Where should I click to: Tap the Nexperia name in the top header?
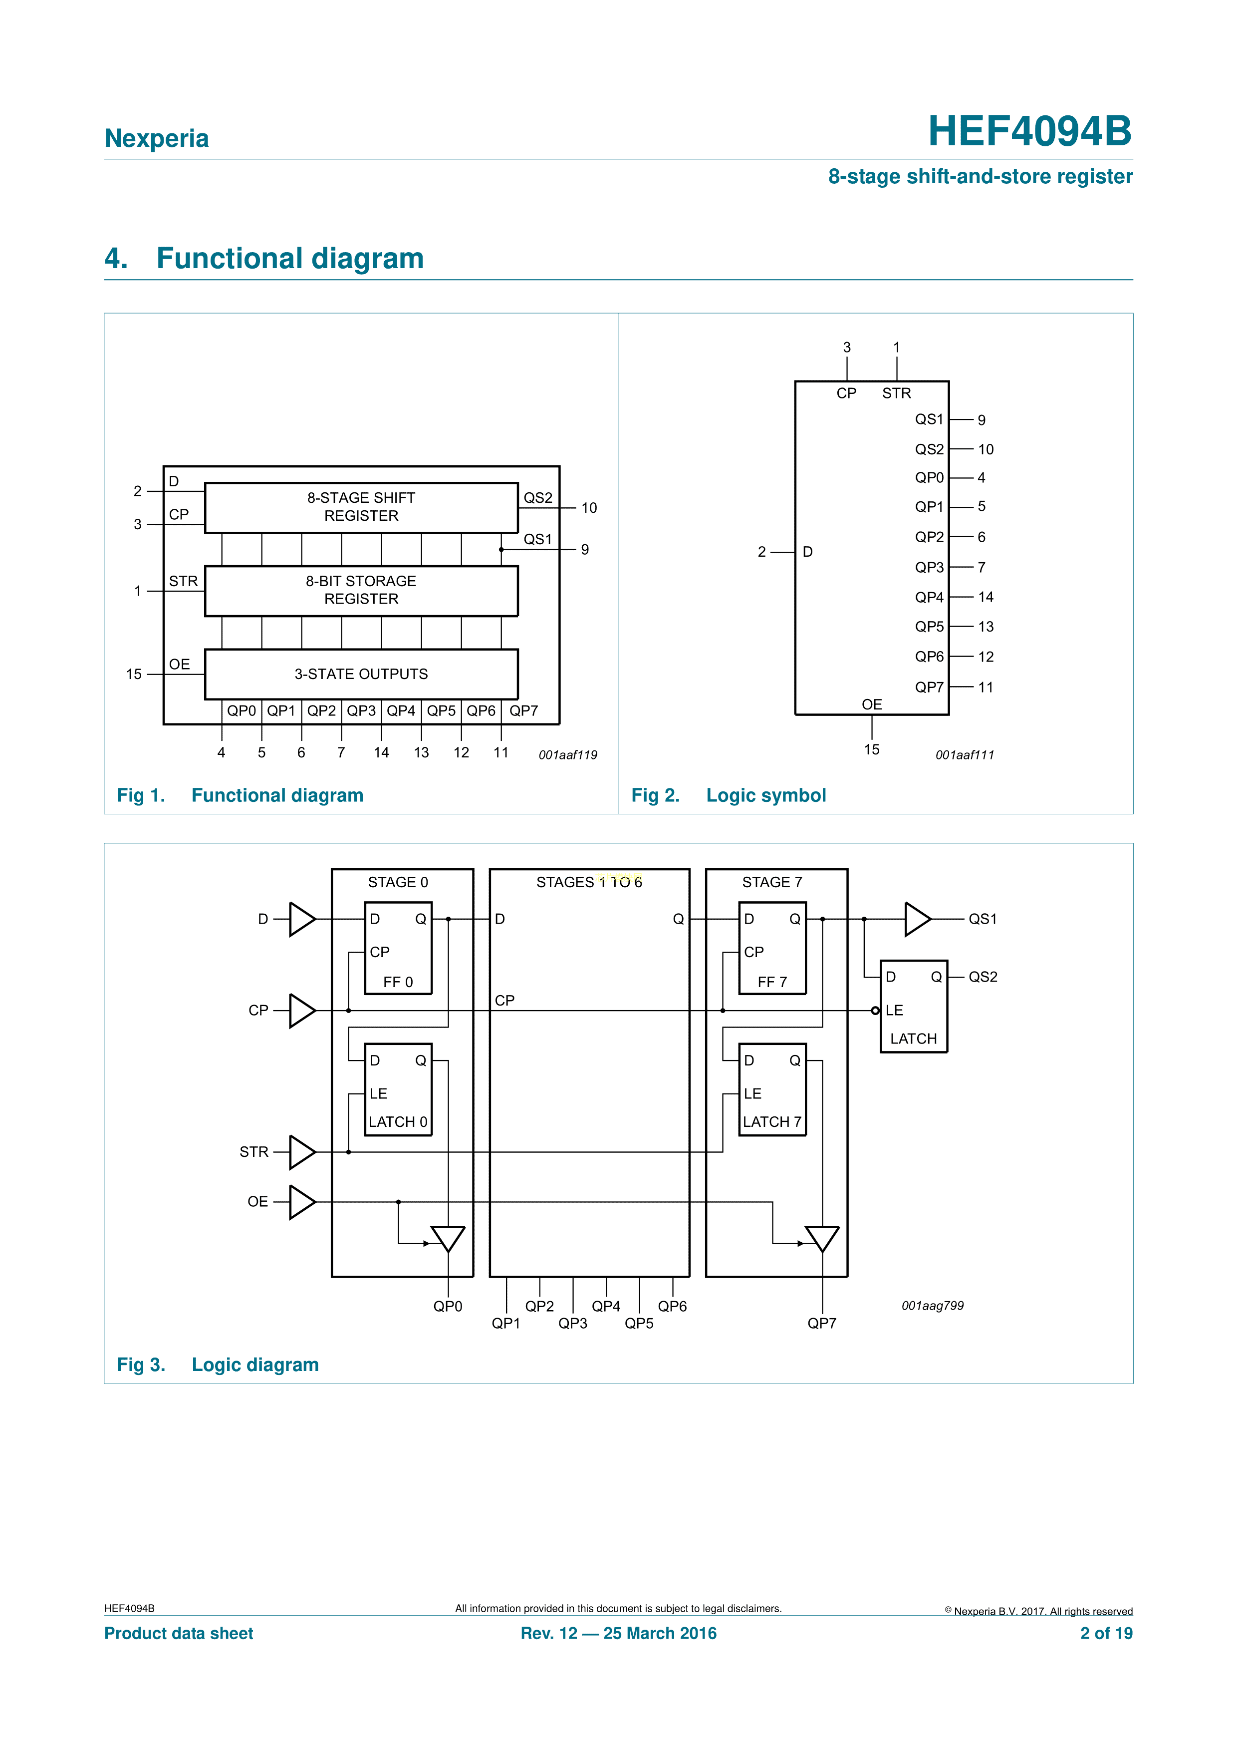click(156, 138)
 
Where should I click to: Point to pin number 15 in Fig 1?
click(134, 674)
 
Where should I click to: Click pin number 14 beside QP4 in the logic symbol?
click(986, 597)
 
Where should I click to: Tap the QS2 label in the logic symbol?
click(929, 449)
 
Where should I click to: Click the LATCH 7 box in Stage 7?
click(772, 1089)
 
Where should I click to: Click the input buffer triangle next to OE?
click(302, 1202)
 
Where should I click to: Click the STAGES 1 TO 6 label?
click(589, 882)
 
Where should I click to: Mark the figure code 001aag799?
click(932, 1306)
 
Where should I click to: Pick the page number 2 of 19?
click(1106, 1633)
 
